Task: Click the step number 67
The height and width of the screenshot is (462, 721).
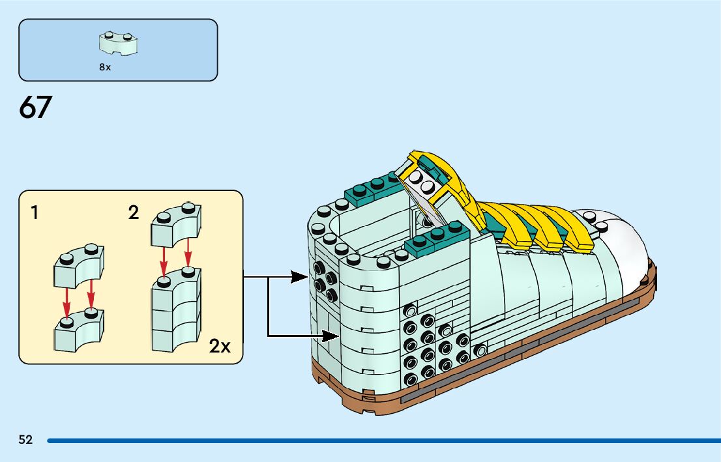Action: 35,107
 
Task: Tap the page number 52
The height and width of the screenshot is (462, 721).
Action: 26,440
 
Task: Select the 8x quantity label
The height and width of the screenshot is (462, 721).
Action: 105,67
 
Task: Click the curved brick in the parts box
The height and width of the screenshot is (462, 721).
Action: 118,43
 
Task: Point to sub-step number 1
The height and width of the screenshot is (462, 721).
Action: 35,212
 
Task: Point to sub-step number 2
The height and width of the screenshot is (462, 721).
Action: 134,212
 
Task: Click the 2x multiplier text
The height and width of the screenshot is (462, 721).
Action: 220,346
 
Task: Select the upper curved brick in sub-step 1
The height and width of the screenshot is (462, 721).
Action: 79,266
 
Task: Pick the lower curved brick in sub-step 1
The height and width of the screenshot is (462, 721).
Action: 79,330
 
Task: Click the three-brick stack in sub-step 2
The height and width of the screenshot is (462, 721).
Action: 176,310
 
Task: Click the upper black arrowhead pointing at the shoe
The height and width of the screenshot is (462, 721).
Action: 300,277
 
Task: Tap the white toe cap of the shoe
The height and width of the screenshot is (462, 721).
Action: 619,244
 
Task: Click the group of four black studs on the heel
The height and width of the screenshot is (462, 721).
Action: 325,282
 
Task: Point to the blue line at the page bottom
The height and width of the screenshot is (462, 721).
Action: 384,441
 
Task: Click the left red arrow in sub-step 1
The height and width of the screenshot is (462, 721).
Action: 67,302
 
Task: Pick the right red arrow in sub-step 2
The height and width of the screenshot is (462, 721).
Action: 188,252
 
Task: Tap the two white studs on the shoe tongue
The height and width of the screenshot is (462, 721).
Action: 422,181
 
